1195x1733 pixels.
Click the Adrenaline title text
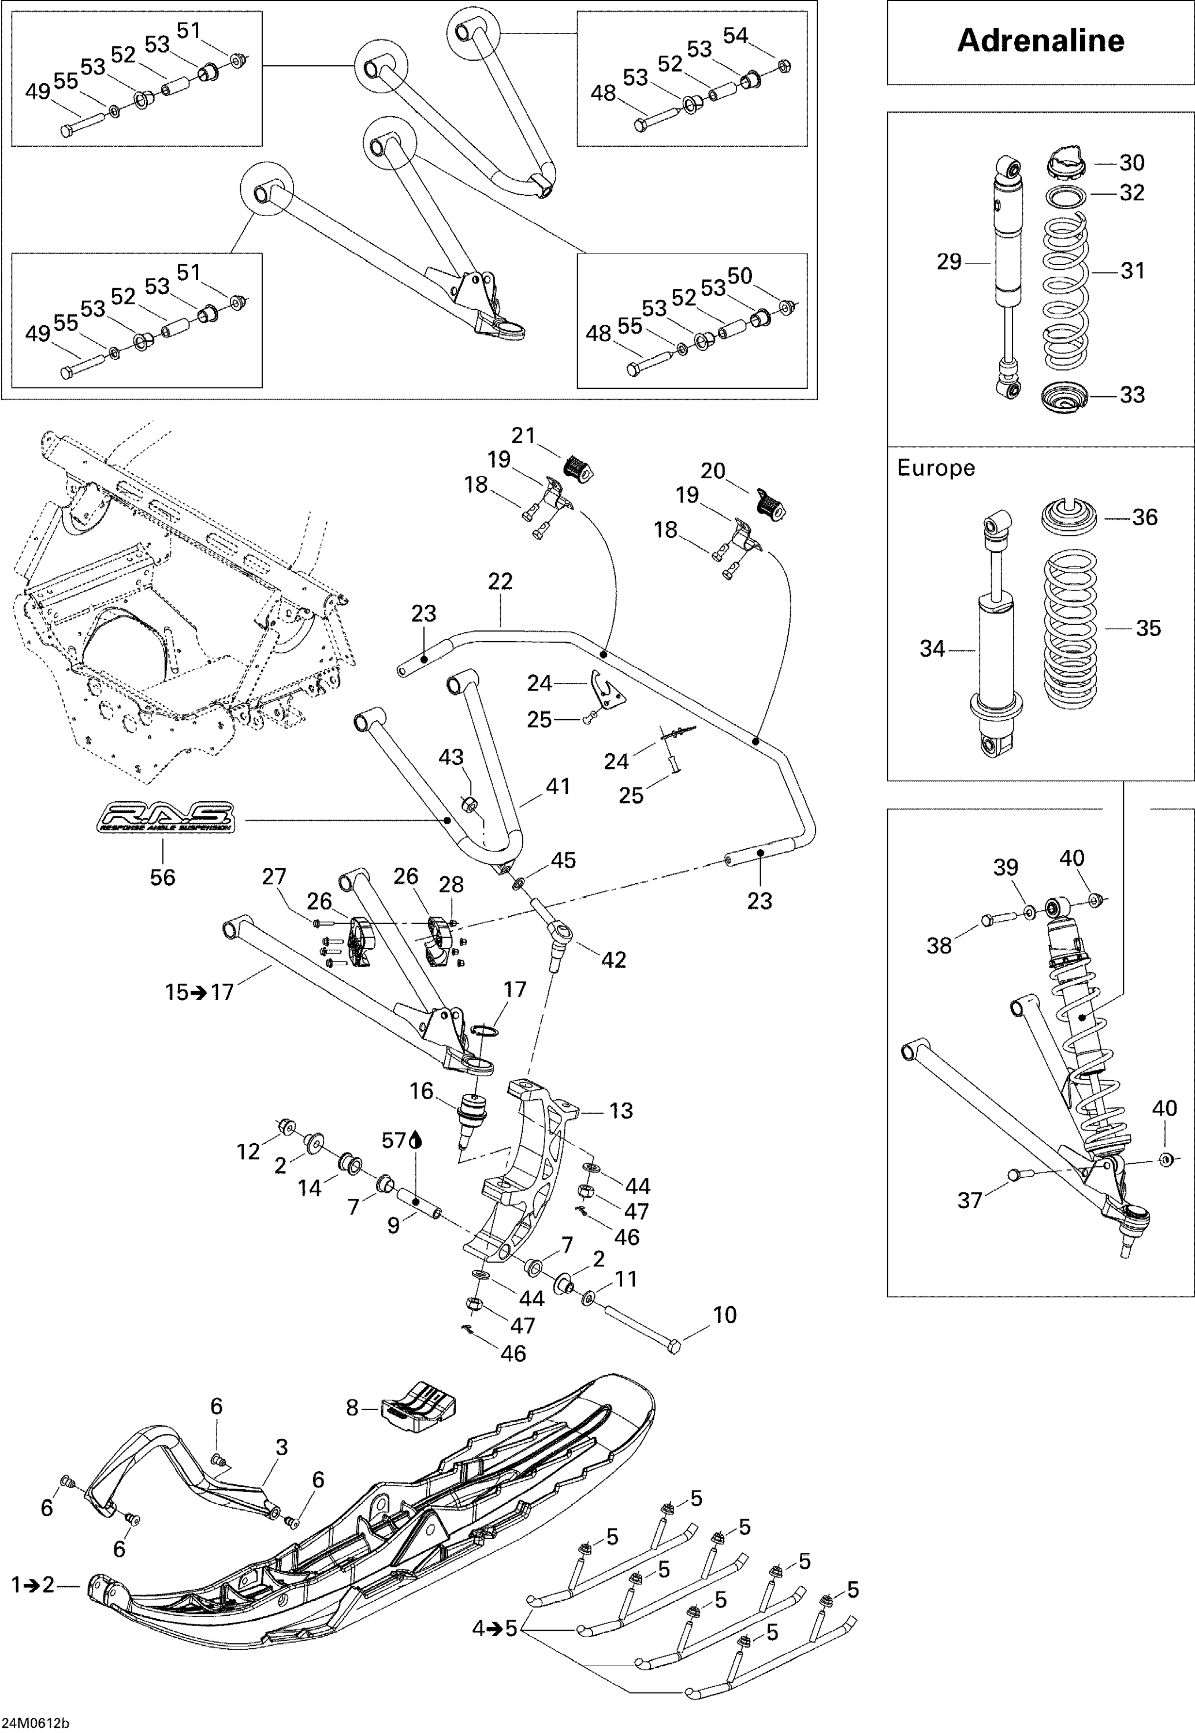pos(1040,40)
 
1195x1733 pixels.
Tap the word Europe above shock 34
pos(935,468)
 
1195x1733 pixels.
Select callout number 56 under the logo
pos(162,877)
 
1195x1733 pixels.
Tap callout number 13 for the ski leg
pos(621,1111)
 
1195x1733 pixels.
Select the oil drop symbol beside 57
pos(416,1141)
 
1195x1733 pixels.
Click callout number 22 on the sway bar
pos(500,581)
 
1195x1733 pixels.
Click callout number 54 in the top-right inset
pos(735,35)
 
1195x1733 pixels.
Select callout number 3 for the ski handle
pos(281,1447)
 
